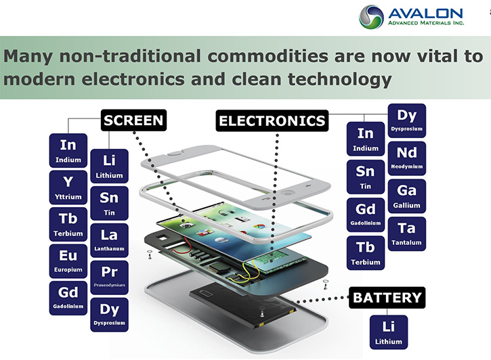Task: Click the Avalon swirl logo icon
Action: (371, 17)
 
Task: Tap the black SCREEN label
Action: (133, 120)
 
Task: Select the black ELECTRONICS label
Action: (272, 120)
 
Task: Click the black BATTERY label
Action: (387, 298)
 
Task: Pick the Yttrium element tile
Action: (68, 187)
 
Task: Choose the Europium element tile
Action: (68, 261)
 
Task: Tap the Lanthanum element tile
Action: (109, 240)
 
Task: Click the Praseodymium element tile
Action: (109, 277)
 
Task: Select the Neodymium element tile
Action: (407, 158)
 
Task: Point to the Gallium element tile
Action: (407, 196)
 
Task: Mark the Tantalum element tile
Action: (407, 233)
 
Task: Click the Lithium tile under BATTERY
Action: (389, 332)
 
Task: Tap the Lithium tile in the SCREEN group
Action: (109, 166)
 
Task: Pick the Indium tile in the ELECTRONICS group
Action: (366, 139)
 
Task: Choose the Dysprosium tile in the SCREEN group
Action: (109, 315)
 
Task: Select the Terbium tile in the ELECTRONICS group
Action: (366, 252)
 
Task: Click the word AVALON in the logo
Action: (425, 14)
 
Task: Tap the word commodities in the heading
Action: (268, 56)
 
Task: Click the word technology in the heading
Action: (339, 80)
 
